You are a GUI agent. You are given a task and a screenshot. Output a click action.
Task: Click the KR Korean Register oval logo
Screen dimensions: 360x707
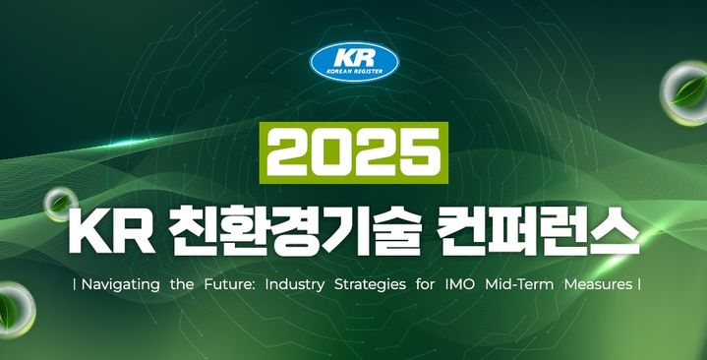(x=354, y=62)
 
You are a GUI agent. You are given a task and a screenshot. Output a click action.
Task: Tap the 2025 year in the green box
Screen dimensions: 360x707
(x=353, y=153)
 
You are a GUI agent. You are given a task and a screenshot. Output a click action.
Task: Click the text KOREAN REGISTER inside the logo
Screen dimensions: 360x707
(x=354, y=71)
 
